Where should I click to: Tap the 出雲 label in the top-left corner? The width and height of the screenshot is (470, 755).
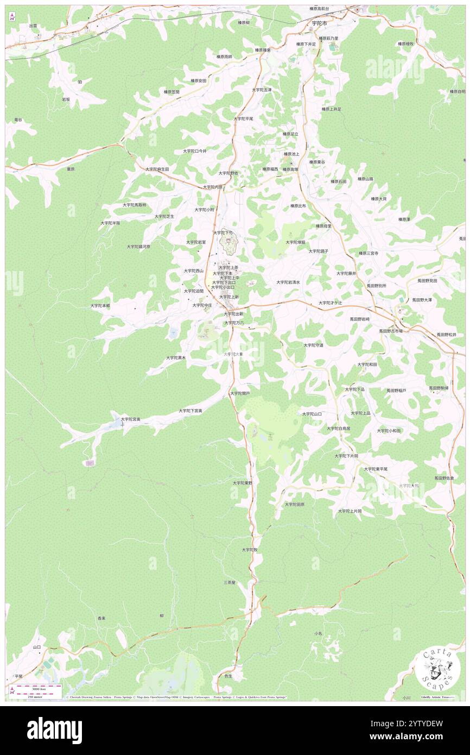click(33, 26)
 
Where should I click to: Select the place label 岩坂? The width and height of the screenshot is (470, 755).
click(66, 99)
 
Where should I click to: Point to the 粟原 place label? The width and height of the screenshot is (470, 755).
click(70, 169)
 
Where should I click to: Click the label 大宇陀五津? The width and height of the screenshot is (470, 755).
click(262, 90)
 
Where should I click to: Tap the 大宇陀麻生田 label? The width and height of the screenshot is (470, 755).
click(157, 169)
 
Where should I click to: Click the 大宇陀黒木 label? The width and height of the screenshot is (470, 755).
click(176, 358)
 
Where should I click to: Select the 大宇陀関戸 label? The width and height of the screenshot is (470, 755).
click(239, 393)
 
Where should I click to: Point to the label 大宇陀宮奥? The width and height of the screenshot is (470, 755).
click(131, 419)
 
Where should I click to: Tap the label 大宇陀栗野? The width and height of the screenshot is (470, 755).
click(243, 482)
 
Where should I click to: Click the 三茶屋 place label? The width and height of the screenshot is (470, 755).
click(230, 582)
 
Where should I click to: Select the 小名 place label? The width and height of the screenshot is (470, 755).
click(318, 633)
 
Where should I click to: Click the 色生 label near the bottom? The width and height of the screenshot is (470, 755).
click(228, 676)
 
